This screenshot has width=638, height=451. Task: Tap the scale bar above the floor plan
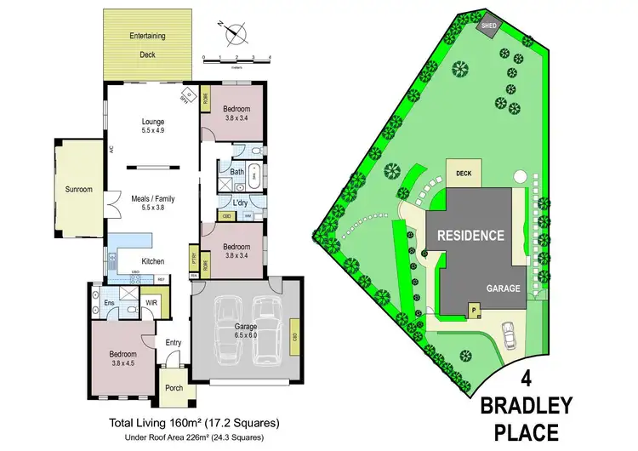point(236,58)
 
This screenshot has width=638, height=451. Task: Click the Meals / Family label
point(152,201)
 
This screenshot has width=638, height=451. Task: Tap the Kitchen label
point(153,261)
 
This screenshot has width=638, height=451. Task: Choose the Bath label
point(238,171)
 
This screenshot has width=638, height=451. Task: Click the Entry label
point(174,342)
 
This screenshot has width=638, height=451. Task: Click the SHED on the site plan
point(489,26)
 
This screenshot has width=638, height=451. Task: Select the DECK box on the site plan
point(464,174)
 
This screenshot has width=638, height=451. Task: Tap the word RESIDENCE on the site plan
point(470,235)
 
